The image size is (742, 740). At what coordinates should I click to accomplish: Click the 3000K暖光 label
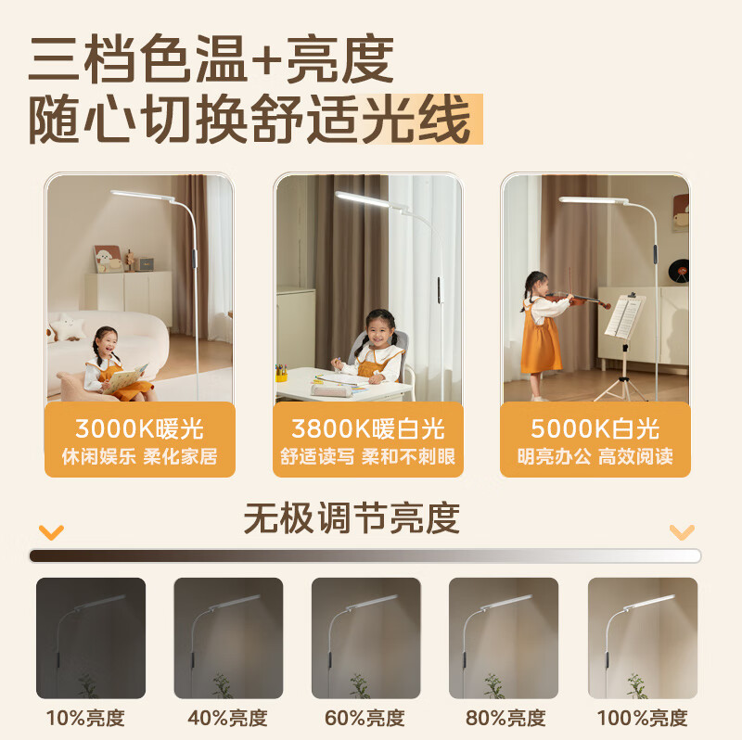click(139, 429)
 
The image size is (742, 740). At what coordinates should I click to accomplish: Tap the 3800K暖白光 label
click(367, 429)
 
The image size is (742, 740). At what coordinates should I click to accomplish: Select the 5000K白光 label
click(595, 428)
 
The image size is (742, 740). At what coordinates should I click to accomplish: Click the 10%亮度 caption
click(85, 718)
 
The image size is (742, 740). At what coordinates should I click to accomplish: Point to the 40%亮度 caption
click(228, 718)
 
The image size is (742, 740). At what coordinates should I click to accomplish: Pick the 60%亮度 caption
click(365, 718)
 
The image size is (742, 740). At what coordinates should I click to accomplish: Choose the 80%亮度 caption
click(504, 718)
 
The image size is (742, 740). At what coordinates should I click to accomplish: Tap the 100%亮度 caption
click(641, 718)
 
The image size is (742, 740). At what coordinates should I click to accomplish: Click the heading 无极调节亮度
click(352, 518)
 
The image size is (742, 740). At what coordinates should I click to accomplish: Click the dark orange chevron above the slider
click(52, 532)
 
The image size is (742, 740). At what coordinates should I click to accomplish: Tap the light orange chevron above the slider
click(682, 531)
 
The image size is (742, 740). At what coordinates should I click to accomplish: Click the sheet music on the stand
click(624, 315)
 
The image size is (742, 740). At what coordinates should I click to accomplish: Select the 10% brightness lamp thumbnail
click(91, 638)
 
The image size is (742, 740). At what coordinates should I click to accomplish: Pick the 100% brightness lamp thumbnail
click(642, 638)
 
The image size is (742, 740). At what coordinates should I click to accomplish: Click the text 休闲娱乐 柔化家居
click(139, 456)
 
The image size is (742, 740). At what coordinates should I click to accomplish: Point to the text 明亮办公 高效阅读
click(595, 456)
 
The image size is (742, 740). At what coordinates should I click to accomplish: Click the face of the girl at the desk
click(380, 327)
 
